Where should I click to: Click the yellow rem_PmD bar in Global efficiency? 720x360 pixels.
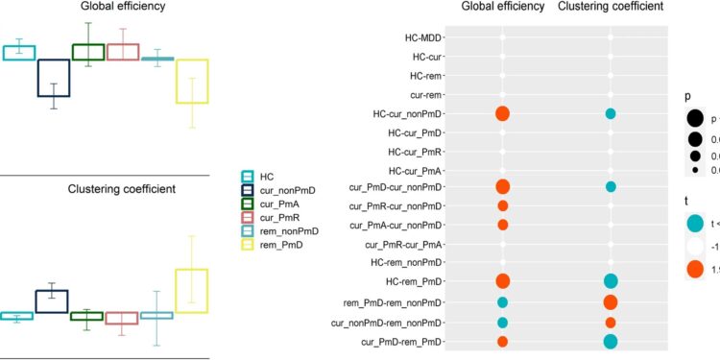[x=191, y=81]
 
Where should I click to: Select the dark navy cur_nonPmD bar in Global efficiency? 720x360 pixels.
[x=53, y=78]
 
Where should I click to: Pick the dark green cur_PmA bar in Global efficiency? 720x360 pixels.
[x=87, y=52]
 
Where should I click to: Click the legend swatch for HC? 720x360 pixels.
[x=248, y=177]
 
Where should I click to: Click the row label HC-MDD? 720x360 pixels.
[x=423, y=38]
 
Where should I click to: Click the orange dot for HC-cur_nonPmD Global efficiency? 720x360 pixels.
[x=502, y=113]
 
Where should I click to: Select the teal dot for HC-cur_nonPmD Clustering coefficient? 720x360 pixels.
[x=610, y=113]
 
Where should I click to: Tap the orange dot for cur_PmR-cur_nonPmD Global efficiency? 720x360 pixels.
[x=502, y=205]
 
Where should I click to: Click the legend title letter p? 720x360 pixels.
[x=688, y=97]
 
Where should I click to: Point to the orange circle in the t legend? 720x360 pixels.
[x=694, y=270]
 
